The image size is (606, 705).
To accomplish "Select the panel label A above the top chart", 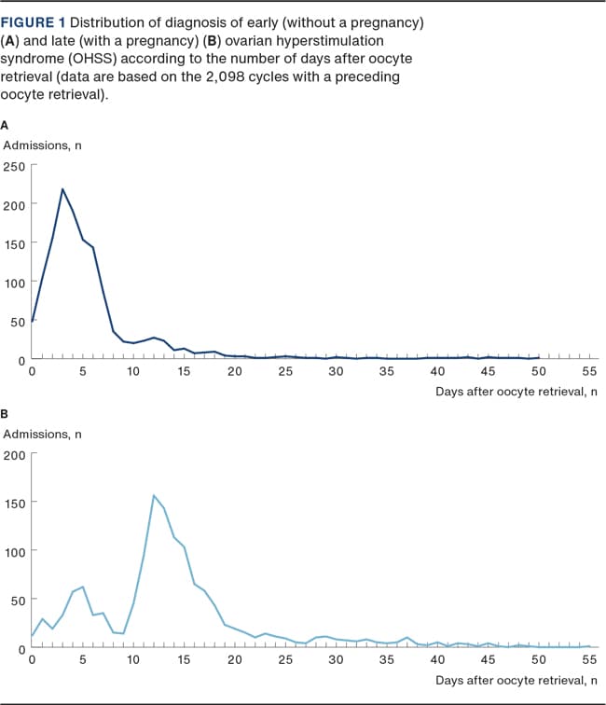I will (6, 124).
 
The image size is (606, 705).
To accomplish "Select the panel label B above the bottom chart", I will (6, 414).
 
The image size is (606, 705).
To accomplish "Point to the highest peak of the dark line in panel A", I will (62, 189).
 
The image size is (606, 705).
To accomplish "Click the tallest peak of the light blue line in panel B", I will (153, 495).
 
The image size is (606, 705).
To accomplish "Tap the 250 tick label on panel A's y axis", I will (16, 165).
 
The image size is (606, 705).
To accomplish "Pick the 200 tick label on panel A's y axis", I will (16, 204).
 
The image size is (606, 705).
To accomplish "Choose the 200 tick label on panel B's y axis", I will (16, 454).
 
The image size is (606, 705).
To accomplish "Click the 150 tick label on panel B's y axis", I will (16, 503).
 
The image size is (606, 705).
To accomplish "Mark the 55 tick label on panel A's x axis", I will (589, 372).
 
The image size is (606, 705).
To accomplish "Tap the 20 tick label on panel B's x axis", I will (234, 660).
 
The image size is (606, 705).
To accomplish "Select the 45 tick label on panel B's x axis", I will (488, 660).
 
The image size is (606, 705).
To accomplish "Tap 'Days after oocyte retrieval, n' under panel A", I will (516, 392).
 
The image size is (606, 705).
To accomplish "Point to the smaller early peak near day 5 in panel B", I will (83, 587).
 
